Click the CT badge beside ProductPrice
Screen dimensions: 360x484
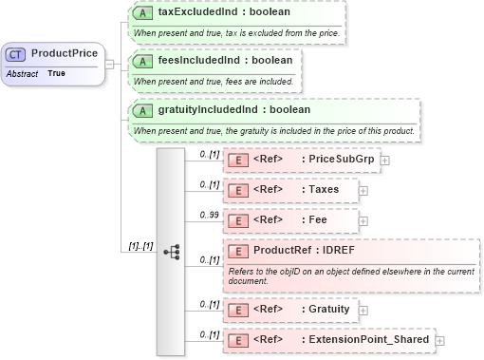17,53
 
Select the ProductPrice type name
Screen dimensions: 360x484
64,53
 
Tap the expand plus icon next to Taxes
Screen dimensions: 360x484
363,191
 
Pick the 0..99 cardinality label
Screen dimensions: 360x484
207,215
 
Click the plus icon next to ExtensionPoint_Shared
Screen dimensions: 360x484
439,340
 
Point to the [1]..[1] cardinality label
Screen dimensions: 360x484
140,246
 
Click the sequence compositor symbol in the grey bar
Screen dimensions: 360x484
172,252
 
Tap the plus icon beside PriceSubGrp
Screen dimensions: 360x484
384,161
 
